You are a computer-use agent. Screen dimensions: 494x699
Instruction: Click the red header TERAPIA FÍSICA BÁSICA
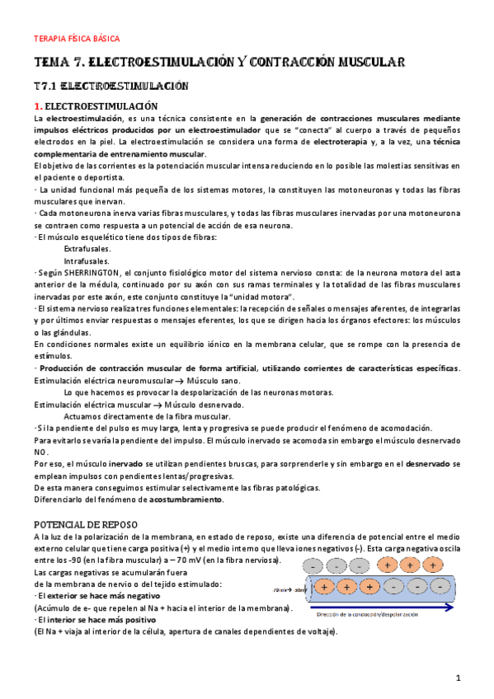point(76,39)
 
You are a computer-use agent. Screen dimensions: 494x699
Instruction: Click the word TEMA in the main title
point(52,63)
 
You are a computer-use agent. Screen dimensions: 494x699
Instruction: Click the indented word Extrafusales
point(87,248)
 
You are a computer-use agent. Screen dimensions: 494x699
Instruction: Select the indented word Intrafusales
point(87,260)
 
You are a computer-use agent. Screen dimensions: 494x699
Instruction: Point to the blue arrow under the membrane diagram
point(388,607)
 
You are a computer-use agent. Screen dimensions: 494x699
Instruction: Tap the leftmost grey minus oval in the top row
point(315,565)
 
